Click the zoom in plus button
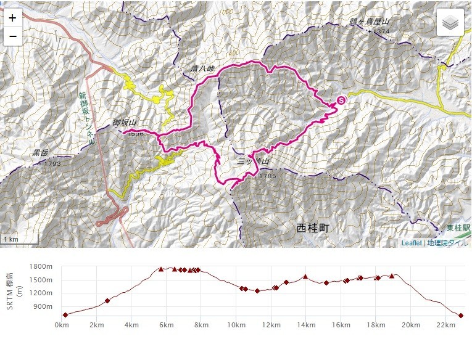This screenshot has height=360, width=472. pos(12,18)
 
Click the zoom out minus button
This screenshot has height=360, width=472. pos(12,35)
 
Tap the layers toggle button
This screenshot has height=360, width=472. pos(451,23)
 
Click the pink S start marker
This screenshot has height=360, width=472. pos(341,100)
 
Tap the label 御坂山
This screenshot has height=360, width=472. pos(124,123)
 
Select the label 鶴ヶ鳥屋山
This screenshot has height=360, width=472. pos(370,22)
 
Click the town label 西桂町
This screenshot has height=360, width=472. pos(313,228)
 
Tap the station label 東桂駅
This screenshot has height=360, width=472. pos(458,228)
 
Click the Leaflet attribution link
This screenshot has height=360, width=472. pos(412,243)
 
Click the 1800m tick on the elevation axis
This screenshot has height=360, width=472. pos(43,266)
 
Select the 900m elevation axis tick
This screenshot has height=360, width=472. pos(45,306)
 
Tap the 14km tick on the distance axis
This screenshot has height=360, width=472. pos(305,325)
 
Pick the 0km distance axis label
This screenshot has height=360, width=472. pos(62,325)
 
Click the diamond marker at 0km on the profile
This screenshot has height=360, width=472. pos(65,314)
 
